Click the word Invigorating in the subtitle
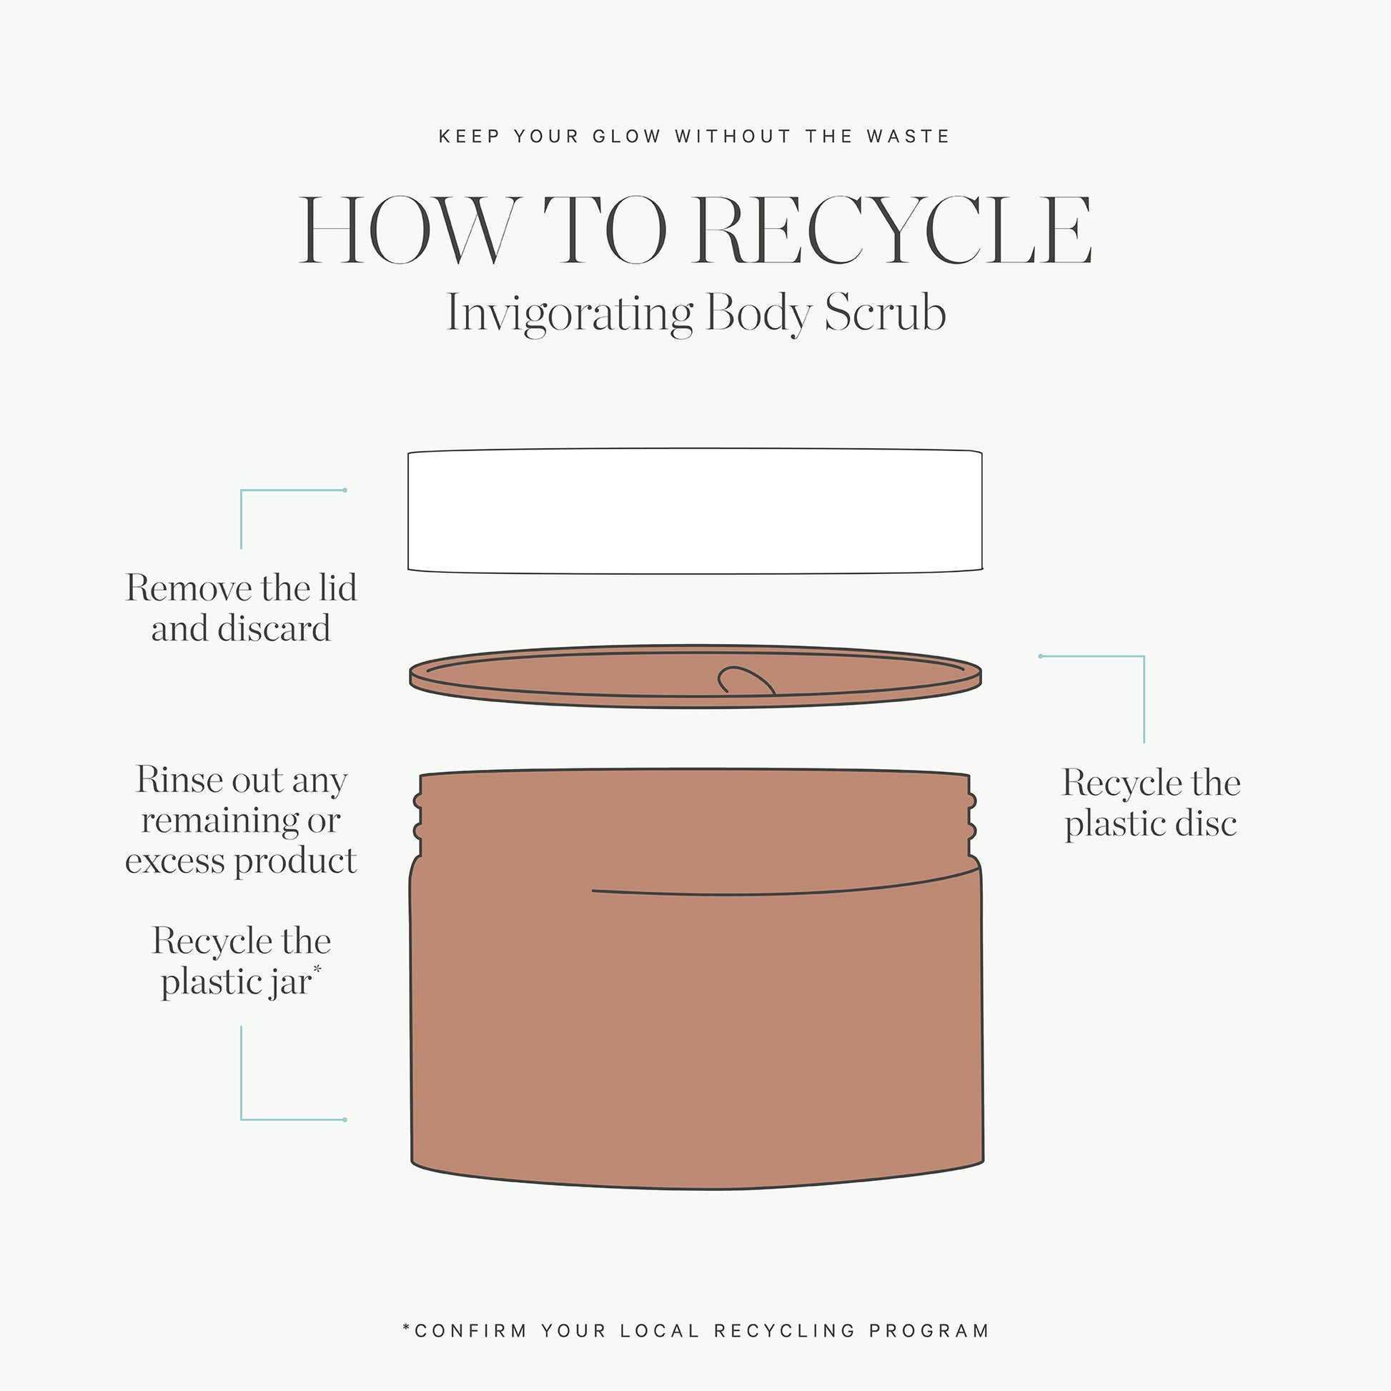[570, 315]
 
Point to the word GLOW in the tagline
[626, 136]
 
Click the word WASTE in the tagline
[908, 136]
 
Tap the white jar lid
[695, 511]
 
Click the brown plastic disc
[695, 676]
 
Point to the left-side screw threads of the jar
[417, 816]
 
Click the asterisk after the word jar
[317, 970]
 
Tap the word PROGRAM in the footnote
[929, 1330]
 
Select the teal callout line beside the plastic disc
[1144, 657]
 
